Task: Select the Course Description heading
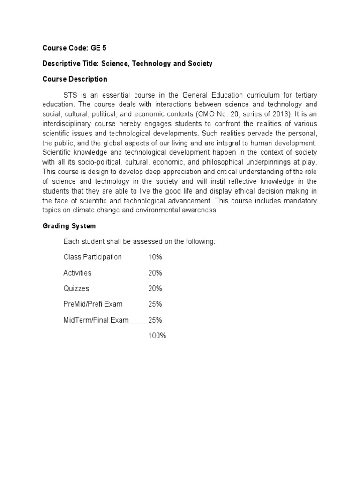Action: [x=75, y=79]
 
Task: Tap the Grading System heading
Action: [x=69, y=226]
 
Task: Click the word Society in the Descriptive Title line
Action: [x=199, y=64]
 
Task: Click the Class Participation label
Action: [x=92, y=257]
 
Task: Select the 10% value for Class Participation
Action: [x=155, y=257]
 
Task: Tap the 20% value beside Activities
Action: [x=155, y=273]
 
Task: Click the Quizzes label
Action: [x=76, y=288]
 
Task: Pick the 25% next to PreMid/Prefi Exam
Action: [x=155, y=304]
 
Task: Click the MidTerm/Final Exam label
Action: [x=96, y=320]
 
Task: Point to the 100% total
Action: [x=157, y=336]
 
